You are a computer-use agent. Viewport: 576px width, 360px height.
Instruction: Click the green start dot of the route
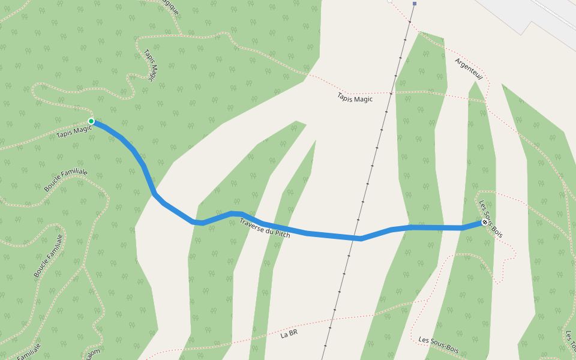click(x=91, y=121)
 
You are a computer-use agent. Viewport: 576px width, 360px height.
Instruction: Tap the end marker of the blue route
click(x=485, y=223)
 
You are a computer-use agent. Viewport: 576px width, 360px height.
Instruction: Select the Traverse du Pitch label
click(x=265, y=229)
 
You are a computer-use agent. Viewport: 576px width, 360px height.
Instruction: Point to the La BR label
click(x=289, y=334)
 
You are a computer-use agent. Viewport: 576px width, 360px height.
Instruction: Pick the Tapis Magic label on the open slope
click(x=355, y=98)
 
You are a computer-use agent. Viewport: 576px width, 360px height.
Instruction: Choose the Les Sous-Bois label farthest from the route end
click(x=439, y=345)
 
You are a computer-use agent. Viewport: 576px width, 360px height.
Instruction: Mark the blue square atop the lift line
click(x=414, y=4)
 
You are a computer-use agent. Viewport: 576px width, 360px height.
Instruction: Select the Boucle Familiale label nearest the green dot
click(x=65, y=180)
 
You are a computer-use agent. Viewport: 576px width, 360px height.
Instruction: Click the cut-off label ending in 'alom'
click(x=90, y=354)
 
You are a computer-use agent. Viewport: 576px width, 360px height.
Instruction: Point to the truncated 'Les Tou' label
click(x=569, y=342)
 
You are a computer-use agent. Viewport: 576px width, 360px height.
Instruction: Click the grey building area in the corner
click(x=528, y=15)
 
